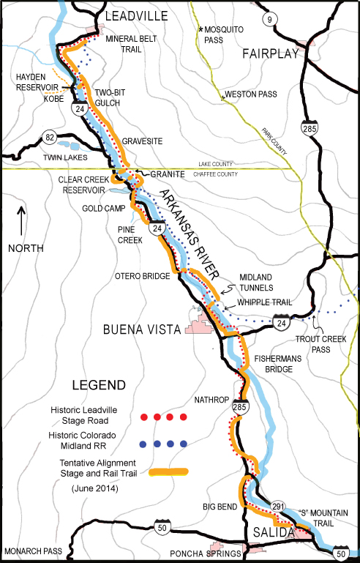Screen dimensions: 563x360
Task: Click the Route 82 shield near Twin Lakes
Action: (50, 136)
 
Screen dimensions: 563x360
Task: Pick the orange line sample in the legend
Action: (168, 472)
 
